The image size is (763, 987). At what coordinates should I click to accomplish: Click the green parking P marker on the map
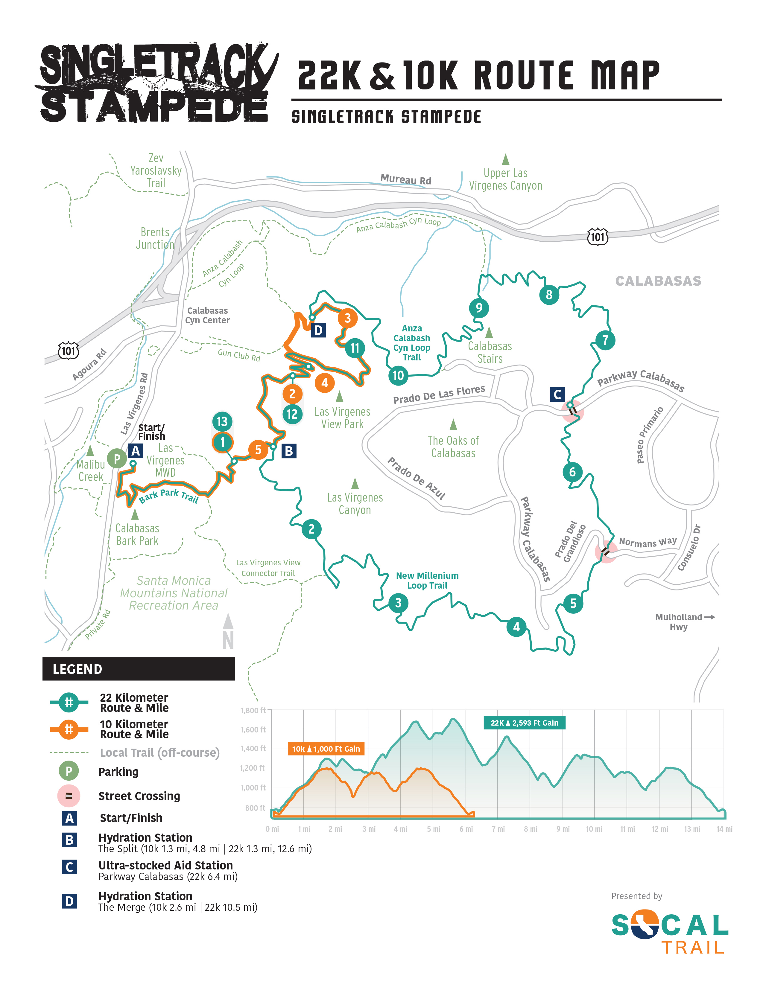coord(117,459)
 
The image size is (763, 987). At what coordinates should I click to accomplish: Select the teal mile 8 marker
coord(549,295)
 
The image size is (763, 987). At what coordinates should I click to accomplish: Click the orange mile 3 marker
coord(347,318)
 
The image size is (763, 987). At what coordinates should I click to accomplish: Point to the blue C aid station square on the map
coord(557,394)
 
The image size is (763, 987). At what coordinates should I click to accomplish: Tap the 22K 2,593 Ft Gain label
coord(524,723)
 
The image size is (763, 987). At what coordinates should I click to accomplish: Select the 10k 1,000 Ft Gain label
coord(326,749)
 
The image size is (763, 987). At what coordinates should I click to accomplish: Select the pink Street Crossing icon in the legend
coord(69,796)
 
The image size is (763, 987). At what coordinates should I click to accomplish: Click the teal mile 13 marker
coord(222,422)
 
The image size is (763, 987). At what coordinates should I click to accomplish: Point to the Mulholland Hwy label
coord(679,622)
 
